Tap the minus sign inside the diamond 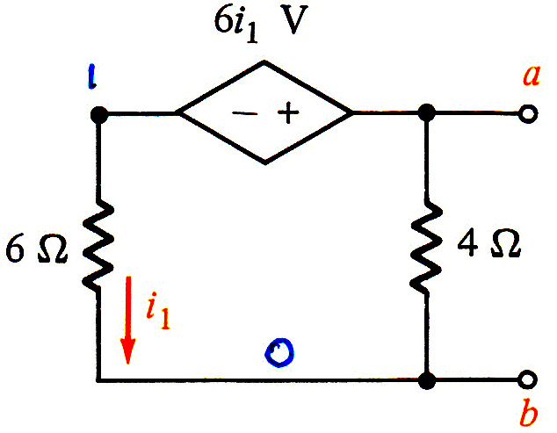click(245, 113)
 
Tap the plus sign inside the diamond click(288, 113)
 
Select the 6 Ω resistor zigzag click(98, 246)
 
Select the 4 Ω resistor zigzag click(426, 247)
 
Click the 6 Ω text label click(36, 249)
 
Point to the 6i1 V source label click(260, 22)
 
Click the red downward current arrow click(128, 320)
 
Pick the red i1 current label click(158, 314)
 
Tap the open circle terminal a click(528, 114)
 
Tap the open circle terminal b click(527, 379)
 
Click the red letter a click(532, 76)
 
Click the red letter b click(529, 413)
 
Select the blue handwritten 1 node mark click(92, 76)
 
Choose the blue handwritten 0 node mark click(280, 352)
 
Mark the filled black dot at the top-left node click(99, 115)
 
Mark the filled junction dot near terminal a click(427, 113)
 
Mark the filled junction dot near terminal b click(427, 380)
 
